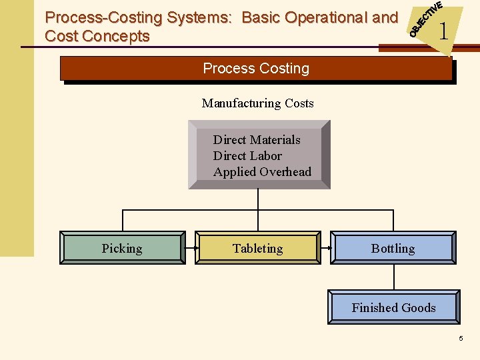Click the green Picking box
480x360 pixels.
tap(122, 248)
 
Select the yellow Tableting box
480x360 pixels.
tap(257, 248)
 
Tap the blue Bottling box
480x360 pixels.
tap(393, 248)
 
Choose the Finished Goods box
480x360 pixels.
tap(393, 307)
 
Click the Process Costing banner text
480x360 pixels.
tap(256, 69)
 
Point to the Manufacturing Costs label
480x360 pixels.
tap(257, 103)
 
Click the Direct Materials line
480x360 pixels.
tap(257, 140)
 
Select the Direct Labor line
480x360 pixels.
tap(247, 156)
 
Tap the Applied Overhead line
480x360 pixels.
tap(262, 172)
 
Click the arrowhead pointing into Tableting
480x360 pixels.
tap(193, 248)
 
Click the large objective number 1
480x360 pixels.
tap(443, 31)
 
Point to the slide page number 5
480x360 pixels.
tap(461, 339)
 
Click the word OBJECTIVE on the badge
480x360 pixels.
tap(425, 19)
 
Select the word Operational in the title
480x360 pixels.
tap(321, 17)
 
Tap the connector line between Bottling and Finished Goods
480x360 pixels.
tap(393, 277)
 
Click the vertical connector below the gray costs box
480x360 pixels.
tap(258, 200)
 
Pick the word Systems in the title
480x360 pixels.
tap(199, 17)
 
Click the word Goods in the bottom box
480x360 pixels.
tap(419, 307)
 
